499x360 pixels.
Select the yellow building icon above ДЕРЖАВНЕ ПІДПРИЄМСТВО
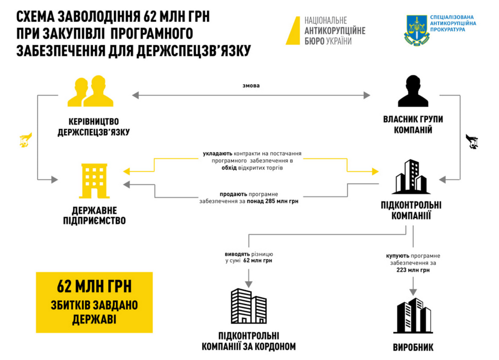[x=94, y=181]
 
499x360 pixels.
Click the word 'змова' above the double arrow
[x=251, y=86]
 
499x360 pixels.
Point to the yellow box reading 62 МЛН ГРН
[x=94, y=302]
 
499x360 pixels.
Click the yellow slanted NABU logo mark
[x=293, y=30]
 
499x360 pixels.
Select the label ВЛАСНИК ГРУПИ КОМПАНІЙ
[x=413, y=124]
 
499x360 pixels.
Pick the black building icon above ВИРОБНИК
[x=413, y=316]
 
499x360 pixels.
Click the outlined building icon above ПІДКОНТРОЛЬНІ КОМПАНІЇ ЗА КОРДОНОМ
[x=248, y=307]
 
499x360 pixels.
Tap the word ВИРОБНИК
[x=413, y=348]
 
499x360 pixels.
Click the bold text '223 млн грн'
[x=413, y=271]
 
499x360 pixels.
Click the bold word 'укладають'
[x=214, y=153]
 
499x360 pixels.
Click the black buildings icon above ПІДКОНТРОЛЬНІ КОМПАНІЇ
[x=412, y=176]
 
